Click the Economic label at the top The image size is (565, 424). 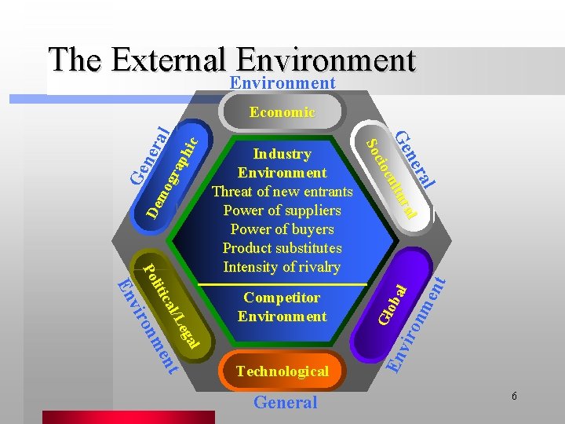(282, 112)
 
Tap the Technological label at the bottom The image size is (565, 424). (282, 371)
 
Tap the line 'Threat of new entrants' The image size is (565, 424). (282, 192)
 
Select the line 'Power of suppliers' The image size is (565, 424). (282, 210)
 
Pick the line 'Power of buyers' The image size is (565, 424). (282, 229)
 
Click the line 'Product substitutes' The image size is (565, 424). (282, 248)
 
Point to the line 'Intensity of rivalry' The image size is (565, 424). (282, 267)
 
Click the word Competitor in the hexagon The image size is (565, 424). (282, 298)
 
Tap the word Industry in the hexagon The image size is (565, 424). (282, 154)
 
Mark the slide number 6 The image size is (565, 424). (514, 397)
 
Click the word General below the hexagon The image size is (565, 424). (285, 403)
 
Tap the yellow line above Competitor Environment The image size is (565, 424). (282, 283)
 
